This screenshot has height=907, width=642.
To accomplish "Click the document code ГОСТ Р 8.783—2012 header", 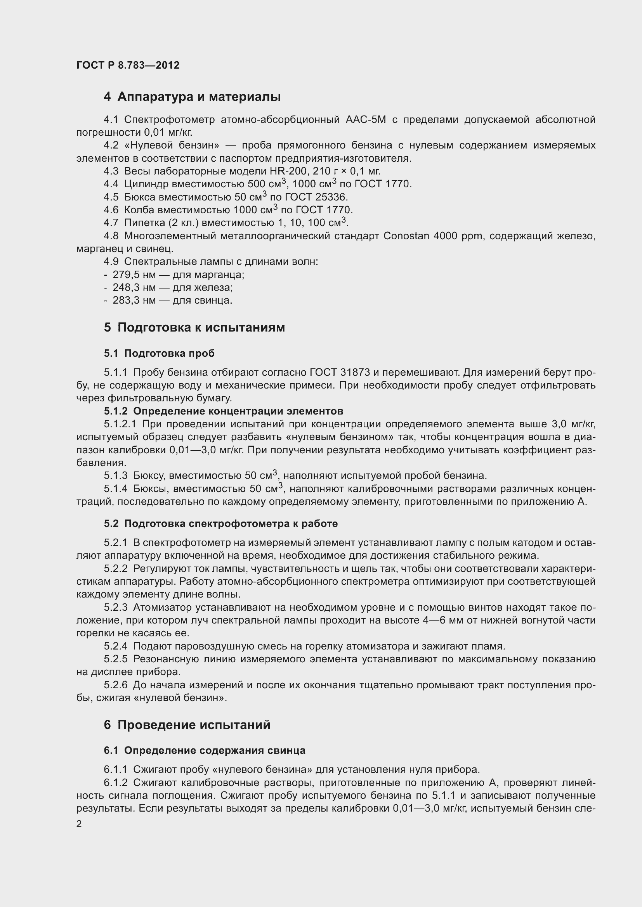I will point(128,65).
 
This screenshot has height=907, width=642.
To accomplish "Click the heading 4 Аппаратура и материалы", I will point(192,97).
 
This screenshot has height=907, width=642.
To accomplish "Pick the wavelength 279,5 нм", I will point(134,275).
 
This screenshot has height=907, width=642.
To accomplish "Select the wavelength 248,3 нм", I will point(134,288).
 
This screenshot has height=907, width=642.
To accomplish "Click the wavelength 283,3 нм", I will point(134,301).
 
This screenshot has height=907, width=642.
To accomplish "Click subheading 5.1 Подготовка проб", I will point(159,354).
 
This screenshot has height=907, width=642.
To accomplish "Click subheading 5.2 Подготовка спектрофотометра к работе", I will point(220,524).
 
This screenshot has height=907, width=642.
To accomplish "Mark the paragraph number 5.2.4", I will point(115,646).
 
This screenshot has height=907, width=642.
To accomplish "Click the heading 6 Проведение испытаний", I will point(187,725).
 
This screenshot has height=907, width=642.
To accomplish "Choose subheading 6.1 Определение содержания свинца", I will point(205,751).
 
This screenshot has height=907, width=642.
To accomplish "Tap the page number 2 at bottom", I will point(79,824).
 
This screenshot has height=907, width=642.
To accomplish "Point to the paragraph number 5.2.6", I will point(115,685).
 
